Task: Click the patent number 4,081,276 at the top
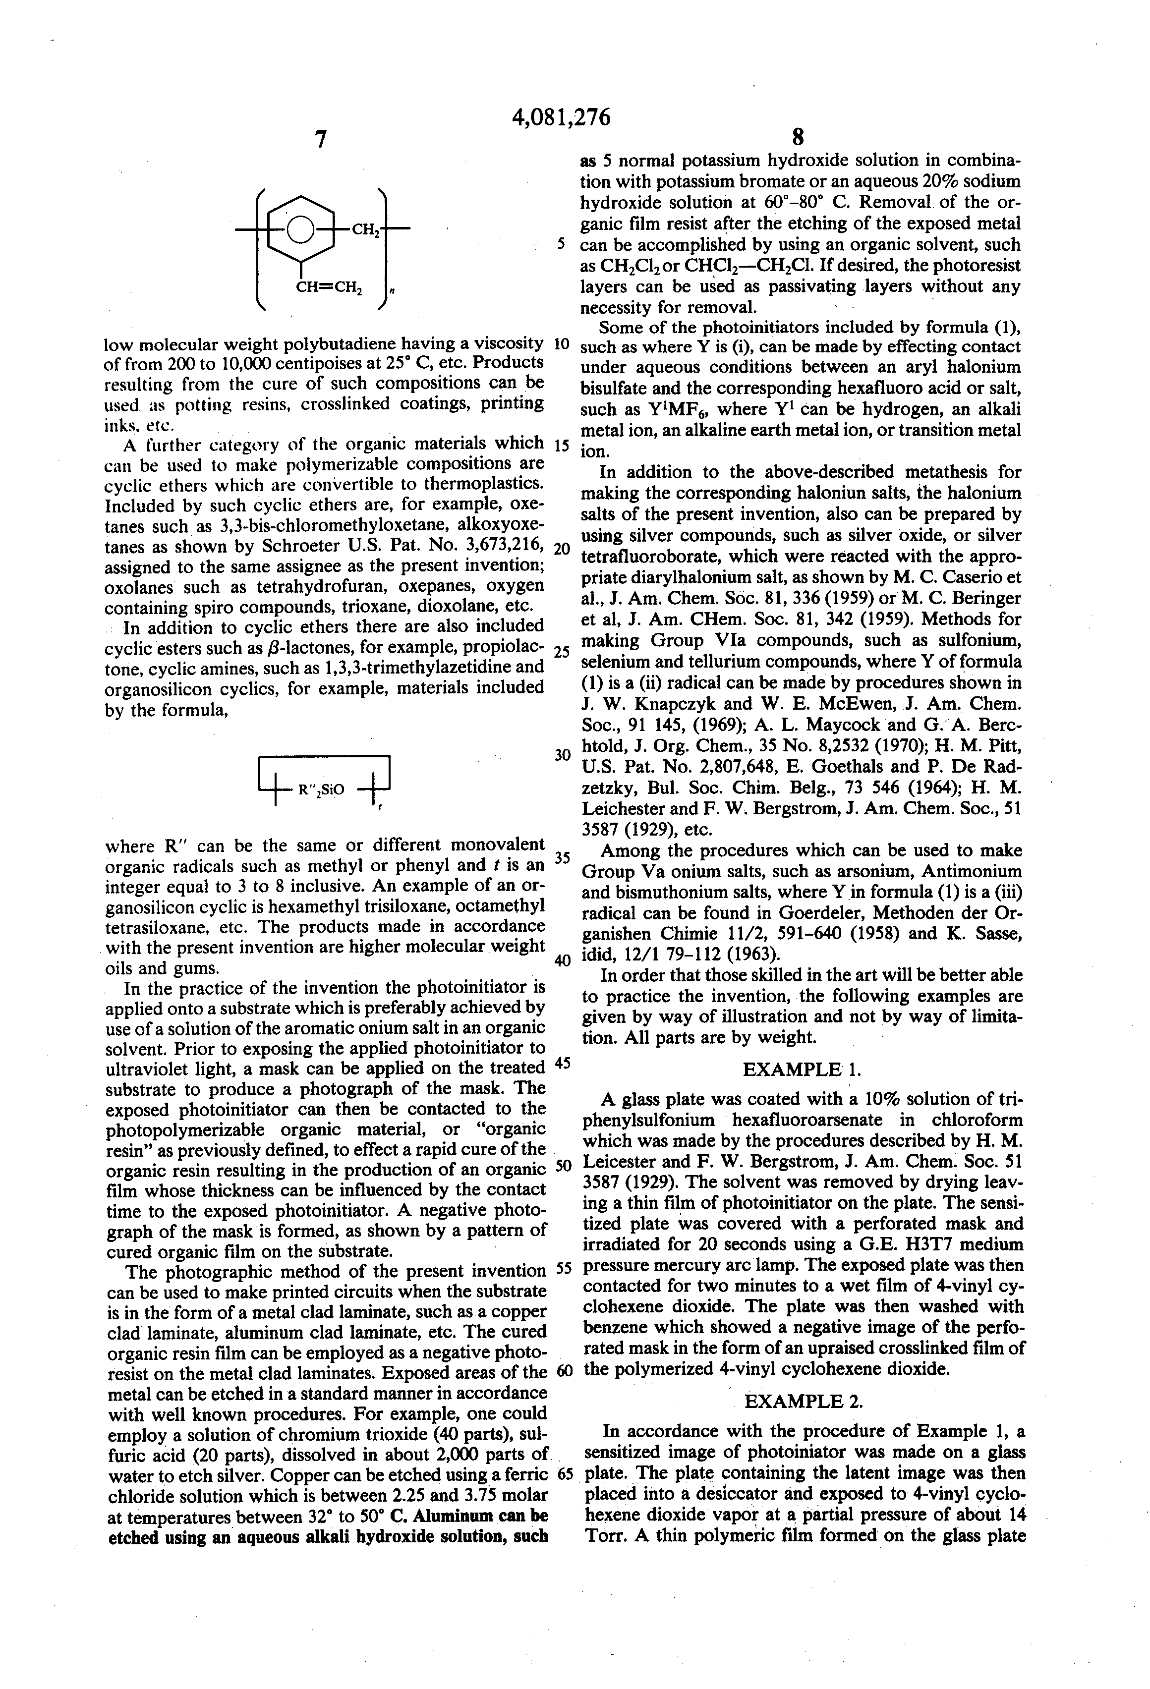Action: tap(561, 117)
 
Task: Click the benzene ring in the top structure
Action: tap(300, 229)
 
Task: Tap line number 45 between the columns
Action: tap(562, 1063)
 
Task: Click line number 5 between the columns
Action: tap(561, 244)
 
